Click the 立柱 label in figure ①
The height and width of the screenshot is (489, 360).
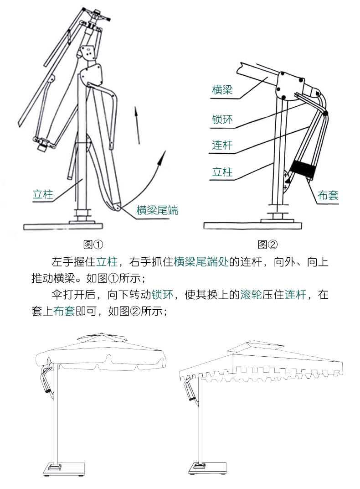click(43, 195)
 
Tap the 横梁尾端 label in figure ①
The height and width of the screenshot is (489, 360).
click(157, 210)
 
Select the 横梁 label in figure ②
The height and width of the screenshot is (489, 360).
click(222, 90)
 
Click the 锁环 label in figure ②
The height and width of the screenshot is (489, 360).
click(222, 120)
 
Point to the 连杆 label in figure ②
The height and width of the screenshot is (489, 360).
click(222, 145)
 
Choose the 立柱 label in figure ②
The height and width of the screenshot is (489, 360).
click(222, 172)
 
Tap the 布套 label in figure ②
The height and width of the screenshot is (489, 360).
click(328, 195)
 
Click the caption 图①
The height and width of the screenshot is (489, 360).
click(93, 244)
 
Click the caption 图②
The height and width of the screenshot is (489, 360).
click(267, 244)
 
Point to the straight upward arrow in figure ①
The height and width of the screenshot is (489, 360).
click(137, 125)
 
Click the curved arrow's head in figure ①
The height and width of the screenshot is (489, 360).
click(161, 158)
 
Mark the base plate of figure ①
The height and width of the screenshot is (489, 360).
click(63, 226)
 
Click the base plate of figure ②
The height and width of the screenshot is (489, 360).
click(252, 225)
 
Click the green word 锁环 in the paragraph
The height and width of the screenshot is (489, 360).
click(162, 295)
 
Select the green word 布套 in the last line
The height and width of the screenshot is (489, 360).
click(64, 311)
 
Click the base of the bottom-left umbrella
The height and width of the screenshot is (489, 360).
click(64, 469)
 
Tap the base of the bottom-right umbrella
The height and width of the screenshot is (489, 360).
click(207, 468)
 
